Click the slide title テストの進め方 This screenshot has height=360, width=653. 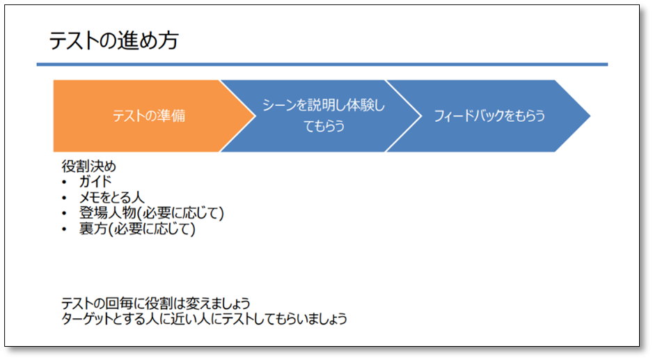113,40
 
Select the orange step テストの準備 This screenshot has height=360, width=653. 148,116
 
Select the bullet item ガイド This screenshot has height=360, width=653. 96,182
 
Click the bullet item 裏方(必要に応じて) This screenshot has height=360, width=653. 137,228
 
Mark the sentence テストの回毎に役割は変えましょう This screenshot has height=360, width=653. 155,304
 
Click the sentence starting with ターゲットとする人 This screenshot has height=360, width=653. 204,320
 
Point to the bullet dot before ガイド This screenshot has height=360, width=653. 65,182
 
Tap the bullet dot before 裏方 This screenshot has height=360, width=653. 65,228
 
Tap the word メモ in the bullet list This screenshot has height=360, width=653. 90,197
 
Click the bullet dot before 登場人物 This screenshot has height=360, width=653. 65,213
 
